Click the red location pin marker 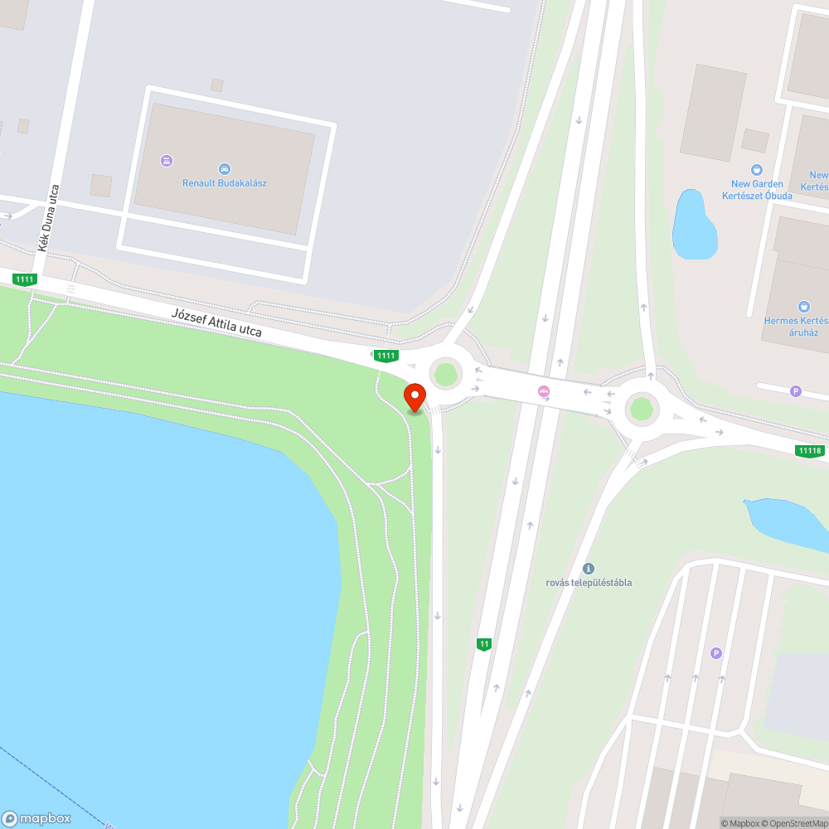414,397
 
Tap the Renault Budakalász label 225,183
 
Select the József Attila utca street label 216,322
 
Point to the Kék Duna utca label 48,217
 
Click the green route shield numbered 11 484,644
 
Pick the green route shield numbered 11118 809,451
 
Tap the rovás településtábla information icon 589,569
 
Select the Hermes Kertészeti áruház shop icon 802,307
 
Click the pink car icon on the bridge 544,392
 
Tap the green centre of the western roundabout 446,374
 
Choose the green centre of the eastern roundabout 641,408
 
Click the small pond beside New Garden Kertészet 692,224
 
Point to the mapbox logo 36,818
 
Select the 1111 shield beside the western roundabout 385,356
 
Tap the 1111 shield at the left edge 25,279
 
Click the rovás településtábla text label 589,582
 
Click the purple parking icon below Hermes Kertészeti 796,391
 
